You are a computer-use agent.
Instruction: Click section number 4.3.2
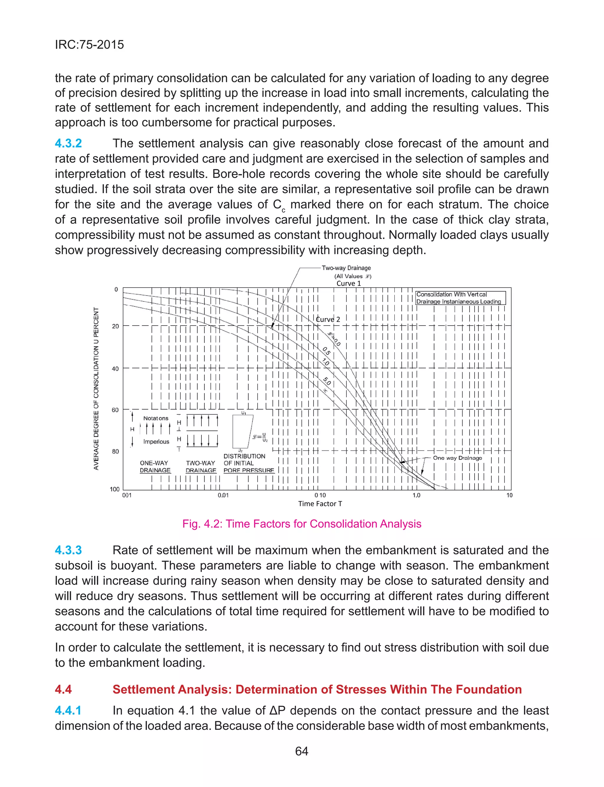pos(68,143)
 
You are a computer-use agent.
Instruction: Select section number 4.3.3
pos(68,550)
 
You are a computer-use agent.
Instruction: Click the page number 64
pos(302,751)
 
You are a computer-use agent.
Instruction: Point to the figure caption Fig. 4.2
pos(302,524)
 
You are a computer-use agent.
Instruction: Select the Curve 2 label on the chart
pos(328,319)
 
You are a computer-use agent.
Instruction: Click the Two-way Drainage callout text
pos(346,268)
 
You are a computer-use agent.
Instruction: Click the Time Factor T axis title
pos(320,504)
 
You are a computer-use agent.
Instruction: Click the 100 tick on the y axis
pos(114,489)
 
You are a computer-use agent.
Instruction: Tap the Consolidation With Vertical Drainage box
pos(460,298)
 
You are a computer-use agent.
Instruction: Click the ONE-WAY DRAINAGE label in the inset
pos(155,466)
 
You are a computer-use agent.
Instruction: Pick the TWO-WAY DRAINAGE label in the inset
pos(201,466)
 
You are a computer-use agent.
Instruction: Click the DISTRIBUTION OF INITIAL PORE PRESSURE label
pos(248,463)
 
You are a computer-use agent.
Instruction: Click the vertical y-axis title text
pos(96,388)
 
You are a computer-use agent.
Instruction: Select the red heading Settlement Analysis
pos(317,689)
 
